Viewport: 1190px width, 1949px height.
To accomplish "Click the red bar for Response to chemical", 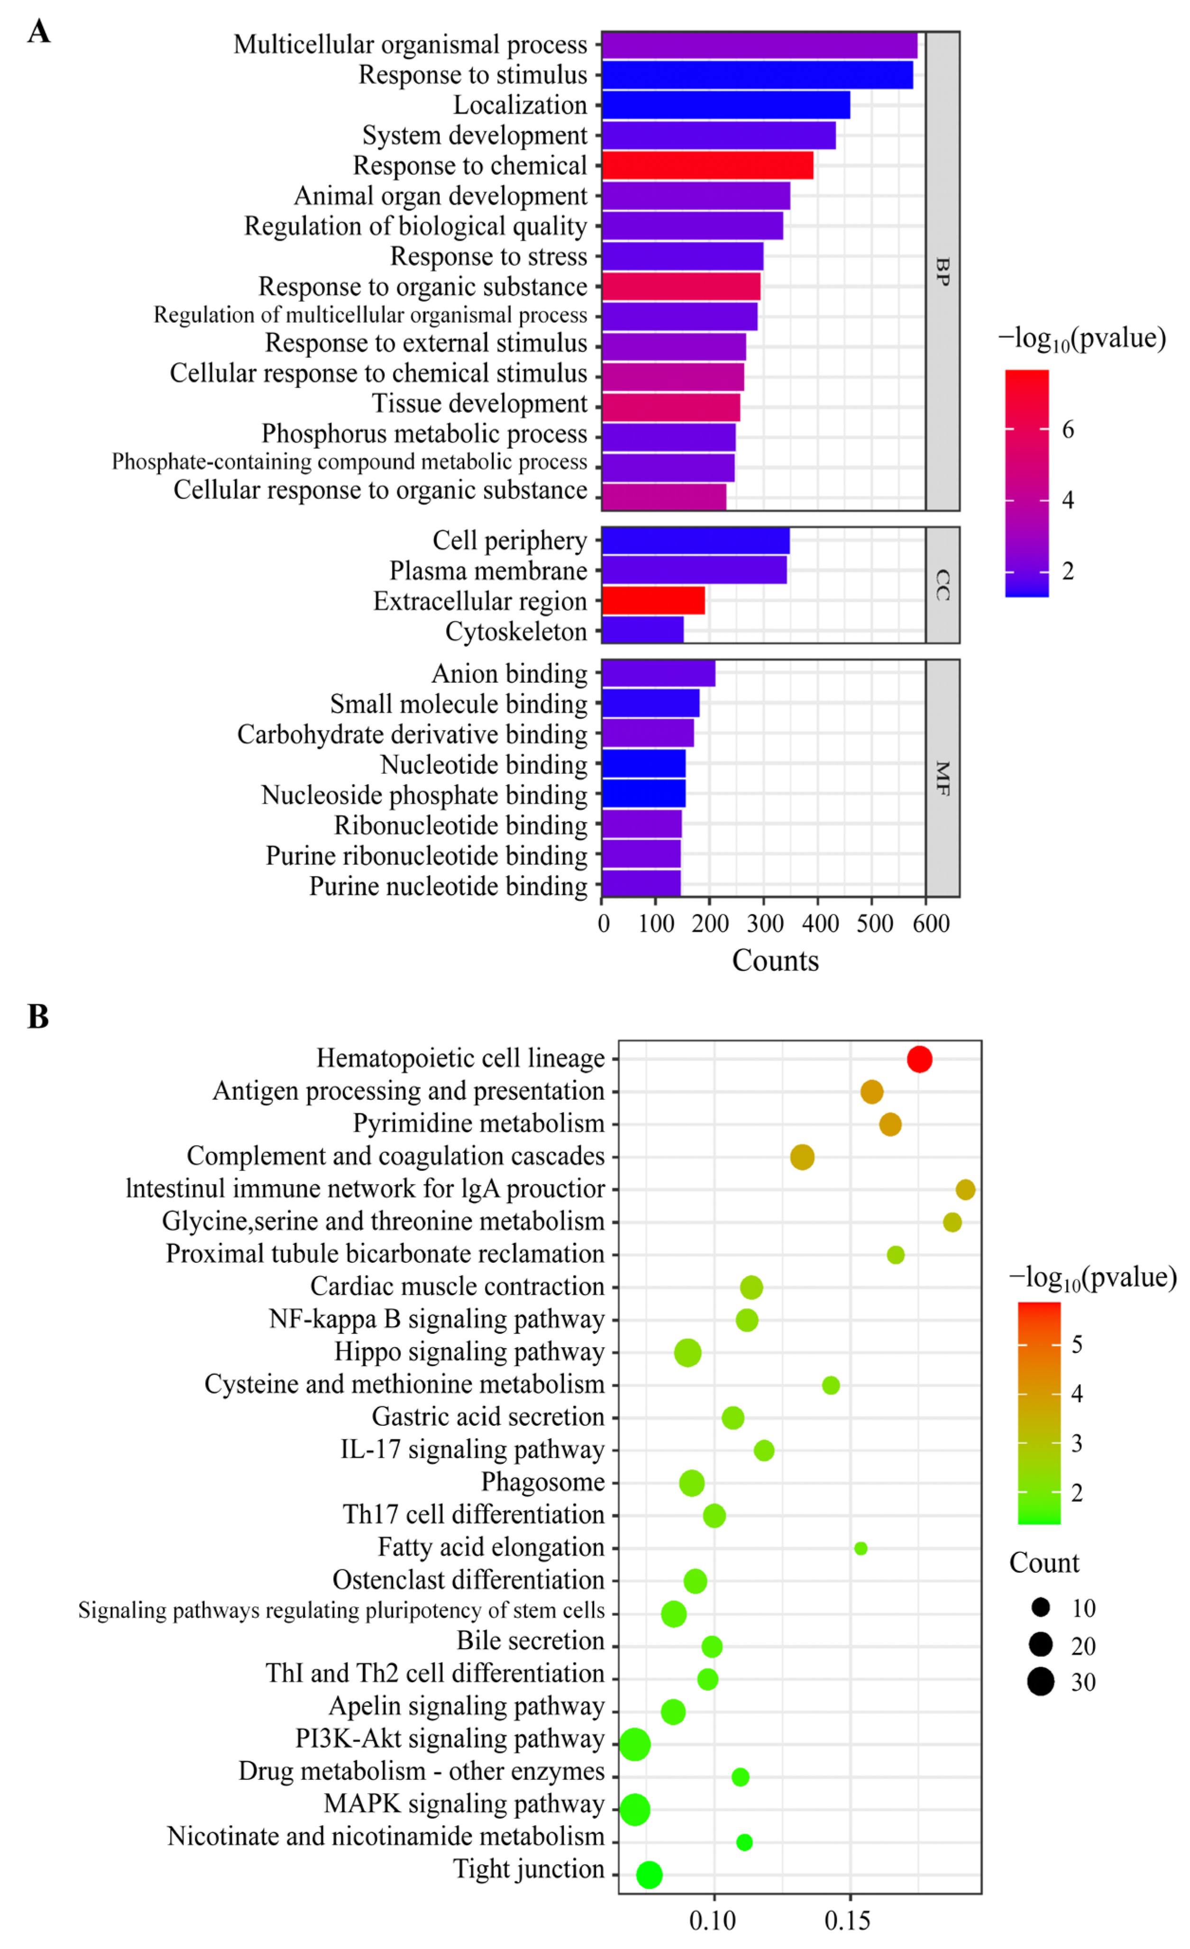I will [x=706, y=165].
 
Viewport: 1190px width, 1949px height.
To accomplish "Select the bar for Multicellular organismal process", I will [x=759, y=45].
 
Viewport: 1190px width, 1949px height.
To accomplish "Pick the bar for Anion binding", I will [x=658, y=674].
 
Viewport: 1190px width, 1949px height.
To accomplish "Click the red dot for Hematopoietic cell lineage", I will [x=919, y=1058].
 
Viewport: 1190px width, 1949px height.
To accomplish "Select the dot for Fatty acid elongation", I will [x=860, y=1548].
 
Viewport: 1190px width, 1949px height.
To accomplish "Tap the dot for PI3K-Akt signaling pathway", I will [x=634, y=1744].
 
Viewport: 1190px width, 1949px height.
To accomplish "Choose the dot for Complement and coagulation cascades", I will [x=802, y=1156].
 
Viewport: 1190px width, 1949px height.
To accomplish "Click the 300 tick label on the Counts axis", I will [x=765, y=923].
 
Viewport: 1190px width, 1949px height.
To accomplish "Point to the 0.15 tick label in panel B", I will [x=847, y=1920].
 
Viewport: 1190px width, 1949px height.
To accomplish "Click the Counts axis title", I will [x=775, y=960].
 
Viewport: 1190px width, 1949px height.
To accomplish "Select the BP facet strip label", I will [x=942, y=272].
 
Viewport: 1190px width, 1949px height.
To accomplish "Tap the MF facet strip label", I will [x=942, y=778].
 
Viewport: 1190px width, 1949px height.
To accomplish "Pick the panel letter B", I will [x=38, y=1016].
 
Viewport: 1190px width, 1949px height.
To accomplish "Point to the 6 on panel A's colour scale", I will [x=1067, y=429].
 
